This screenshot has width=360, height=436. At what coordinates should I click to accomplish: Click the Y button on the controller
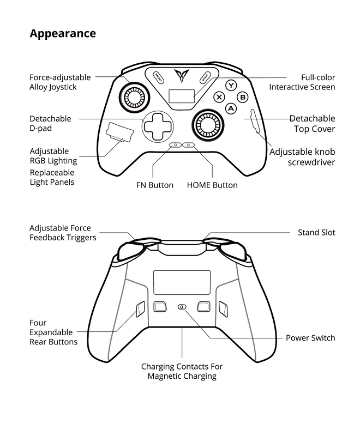tap(232, 86)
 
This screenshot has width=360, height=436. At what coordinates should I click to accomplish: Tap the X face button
tap(220, 97)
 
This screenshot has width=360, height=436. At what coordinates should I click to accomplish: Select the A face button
tap(231, 108)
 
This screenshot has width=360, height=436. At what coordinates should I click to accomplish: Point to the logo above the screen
tap(182, 75)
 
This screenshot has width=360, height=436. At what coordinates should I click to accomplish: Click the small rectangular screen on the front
tap(182, 96)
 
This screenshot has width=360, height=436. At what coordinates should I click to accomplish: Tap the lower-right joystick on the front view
tap(207, 125)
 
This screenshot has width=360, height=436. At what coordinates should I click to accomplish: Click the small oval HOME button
tap(189, 146)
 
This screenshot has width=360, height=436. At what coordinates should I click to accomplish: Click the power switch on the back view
tap(182, 307)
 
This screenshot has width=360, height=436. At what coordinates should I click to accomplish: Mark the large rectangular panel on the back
tap(182, 282)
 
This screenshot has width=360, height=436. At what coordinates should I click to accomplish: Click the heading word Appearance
tap(63, 34)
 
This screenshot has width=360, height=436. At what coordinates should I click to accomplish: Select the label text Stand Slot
tap(316, 233)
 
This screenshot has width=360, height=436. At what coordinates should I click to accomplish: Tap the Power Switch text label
tap(310, 338)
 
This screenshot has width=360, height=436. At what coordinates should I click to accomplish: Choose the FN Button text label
tap(155, 185)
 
